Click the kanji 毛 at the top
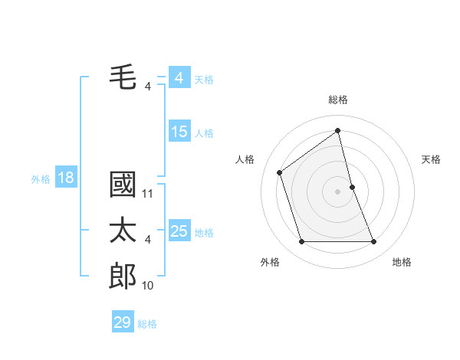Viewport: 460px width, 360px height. point(123,77)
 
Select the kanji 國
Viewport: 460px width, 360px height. point(123,186)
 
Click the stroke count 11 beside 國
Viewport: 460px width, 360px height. point(148,194)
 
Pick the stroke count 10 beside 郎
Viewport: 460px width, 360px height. point(148,285)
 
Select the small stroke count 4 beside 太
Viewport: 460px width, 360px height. point(148,240)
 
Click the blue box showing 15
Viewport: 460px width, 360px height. point(179,132)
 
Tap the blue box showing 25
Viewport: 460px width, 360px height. point(179,231)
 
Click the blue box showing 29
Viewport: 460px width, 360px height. point(122,322)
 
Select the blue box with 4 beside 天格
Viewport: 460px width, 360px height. point(179,78)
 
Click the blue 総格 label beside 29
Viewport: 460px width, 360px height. point(147,324)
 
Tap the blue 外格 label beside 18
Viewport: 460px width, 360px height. point(41,179)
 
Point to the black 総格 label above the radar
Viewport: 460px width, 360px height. point(337,100)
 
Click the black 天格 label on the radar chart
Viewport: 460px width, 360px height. point(432,159)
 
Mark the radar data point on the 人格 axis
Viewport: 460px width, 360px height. point(280,172)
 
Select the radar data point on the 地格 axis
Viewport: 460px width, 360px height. point(374,242)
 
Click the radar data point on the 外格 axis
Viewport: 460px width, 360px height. point(301,242)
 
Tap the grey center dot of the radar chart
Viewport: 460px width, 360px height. point(337,191)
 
